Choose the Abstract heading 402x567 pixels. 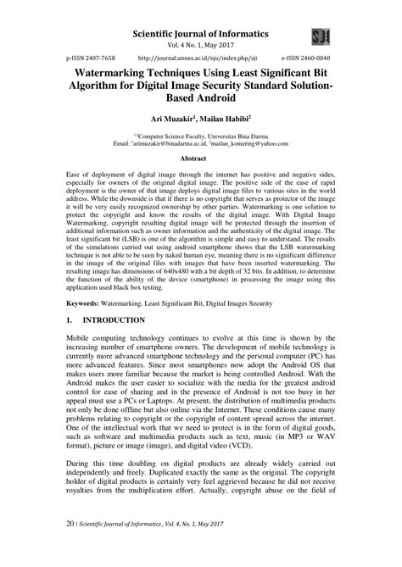(x=201, y=158)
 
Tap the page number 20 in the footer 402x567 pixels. (x=70, y=551)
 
